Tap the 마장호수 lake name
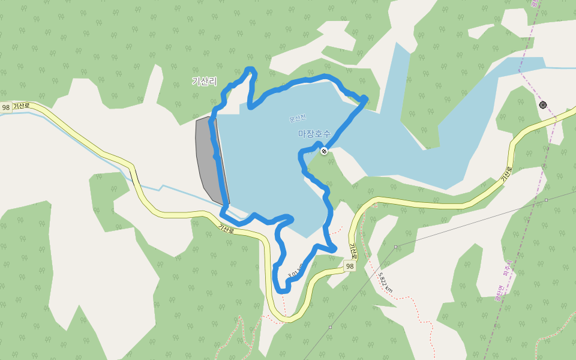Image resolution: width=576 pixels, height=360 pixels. (x=314, y=133)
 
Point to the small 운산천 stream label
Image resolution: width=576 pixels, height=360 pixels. (x=298, y=118)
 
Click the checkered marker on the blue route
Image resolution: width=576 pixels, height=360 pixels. (x=324, y=151)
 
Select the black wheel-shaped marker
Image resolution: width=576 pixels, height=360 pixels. (x=543, y=104)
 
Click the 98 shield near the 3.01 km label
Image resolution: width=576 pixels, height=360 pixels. (x=350, y=266)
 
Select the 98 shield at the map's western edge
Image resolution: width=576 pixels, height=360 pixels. (x=6, y=107)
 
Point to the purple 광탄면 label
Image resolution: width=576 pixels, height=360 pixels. (x=498, y=294)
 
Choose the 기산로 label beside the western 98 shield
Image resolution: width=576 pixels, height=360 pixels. (x=22, y=106)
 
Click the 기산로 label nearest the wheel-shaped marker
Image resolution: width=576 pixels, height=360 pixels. (x=508, y=174)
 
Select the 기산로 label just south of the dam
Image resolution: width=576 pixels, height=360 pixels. (x=227, y=228)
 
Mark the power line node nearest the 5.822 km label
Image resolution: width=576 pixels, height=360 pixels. (x=395, y=247)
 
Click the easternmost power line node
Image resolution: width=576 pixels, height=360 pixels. (x=546, y=200)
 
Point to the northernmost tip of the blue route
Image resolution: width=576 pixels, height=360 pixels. (x=250, y=69)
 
